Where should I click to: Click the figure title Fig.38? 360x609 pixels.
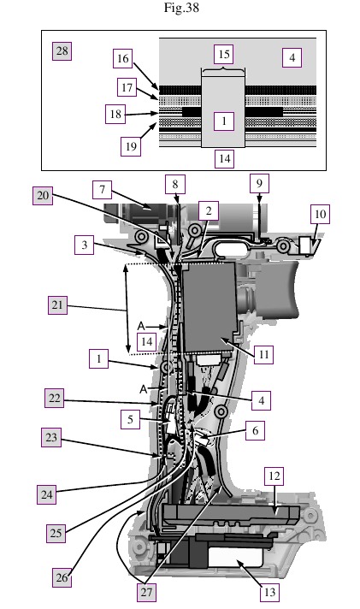(x=181, y=8)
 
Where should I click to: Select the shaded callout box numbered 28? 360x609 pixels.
(x=62, y=50)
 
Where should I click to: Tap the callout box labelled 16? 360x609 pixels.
(x=123, y=59)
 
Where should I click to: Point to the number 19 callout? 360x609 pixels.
(x=131, y=146)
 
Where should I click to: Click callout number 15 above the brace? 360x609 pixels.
(x=224, y=54)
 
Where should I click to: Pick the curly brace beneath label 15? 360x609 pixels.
(x=223, y=70)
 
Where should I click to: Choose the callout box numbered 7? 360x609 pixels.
(x=102, y=190)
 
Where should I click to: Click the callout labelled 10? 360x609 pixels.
(x=320, y=214)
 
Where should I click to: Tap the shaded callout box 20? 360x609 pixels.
(x=43, y=195)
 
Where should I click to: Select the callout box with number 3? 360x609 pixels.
(x=85, y=245)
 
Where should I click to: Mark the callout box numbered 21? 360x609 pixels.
(x=57, y=304)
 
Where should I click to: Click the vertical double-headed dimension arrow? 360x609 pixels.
(x=127, y=309)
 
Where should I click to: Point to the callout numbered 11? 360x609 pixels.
(x=263, y=354)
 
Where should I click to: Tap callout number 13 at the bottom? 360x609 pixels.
(x=269, y=592)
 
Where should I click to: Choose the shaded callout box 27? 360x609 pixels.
(x=146, y=592)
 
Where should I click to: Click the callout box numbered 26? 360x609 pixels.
(x=62, y=577)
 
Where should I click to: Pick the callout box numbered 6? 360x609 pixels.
(x=255, y=431)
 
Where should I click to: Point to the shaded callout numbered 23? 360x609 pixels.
(x=51, y=437)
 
